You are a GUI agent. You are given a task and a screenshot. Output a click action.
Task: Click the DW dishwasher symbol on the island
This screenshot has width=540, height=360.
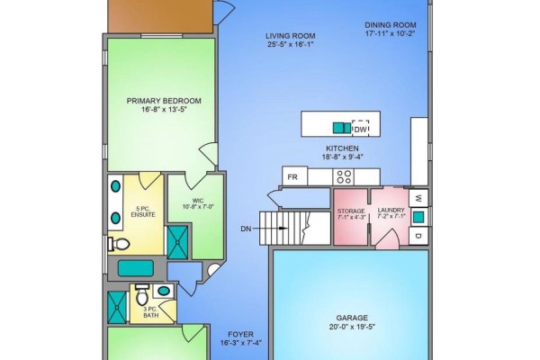[360, 128]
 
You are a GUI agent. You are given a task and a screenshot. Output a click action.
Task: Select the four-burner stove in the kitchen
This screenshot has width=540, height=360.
[344, 176]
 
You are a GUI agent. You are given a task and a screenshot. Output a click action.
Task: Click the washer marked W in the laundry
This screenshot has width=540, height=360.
[418, 198]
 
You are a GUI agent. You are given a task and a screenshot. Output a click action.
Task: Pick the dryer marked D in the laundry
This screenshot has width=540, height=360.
[418, 236]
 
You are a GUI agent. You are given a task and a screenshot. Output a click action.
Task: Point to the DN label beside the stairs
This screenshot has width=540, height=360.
[246, 229]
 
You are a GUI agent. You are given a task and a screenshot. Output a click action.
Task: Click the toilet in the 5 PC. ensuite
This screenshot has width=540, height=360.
[119, 244]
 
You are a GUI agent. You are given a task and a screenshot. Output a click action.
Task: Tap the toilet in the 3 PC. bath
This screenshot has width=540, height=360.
[142, 294]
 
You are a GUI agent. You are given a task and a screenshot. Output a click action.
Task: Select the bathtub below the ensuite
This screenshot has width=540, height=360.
[136, 268]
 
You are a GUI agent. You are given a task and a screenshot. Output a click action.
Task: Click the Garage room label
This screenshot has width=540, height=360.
[352, 318]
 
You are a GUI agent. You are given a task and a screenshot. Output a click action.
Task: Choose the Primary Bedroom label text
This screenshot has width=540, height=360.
[164, 101]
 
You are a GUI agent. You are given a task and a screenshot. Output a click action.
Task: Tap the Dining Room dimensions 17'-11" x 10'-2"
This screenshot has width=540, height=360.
[391, 34]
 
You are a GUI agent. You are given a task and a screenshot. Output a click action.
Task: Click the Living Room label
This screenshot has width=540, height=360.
[291, 36]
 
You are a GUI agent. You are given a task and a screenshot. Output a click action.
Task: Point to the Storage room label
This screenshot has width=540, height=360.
[351, 211]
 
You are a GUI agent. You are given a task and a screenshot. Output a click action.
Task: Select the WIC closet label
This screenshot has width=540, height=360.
[198, 201]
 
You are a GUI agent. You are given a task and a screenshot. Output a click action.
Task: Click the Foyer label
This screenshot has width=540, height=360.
[240, 334]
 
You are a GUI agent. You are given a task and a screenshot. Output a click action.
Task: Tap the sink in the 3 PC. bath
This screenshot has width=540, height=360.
[164, 291]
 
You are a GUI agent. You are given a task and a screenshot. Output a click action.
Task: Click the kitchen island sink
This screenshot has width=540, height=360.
[342, 128]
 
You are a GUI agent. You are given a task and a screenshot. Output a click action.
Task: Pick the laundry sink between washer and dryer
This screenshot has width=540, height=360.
[418, 217]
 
